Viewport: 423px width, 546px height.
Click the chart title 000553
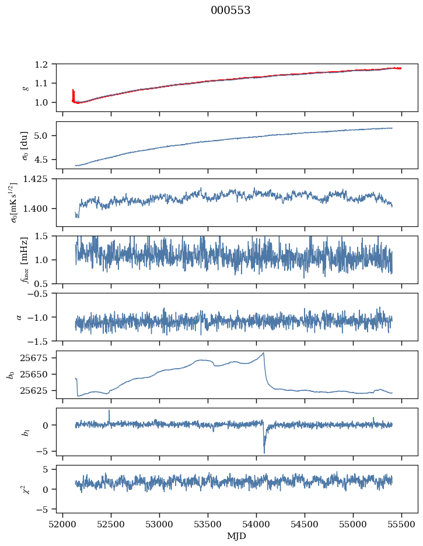[230, 10]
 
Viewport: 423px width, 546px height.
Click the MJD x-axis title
[236, 536]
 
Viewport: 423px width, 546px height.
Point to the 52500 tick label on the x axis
[111, 524]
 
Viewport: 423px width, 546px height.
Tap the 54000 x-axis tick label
[256, 524]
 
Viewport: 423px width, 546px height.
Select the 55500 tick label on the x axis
[401, 524]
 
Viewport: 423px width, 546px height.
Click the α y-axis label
[19, 317]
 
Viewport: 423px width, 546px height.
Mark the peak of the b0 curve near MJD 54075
[264, 353]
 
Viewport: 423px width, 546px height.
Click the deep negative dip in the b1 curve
[264, 453]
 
